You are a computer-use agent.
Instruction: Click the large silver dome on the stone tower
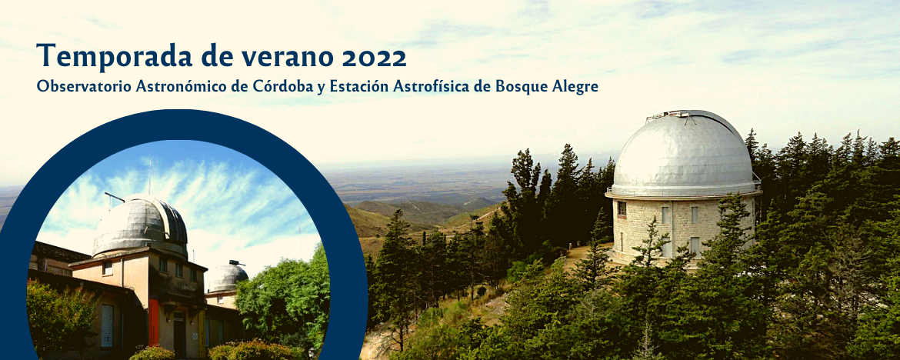[682, 153]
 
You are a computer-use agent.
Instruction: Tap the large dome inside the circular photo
[140, 225]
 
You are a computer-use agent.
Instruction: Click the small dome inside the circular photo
[227, 278]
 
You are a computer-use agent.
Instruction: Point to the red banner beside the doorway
[154, 322]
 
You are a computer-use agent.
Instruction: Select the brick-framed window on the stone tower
[621, 209]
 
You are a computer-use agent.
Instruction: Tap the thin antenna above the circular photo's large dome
[150, 173]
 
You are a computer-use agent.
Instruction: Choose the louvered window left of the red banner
[107, 325]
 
